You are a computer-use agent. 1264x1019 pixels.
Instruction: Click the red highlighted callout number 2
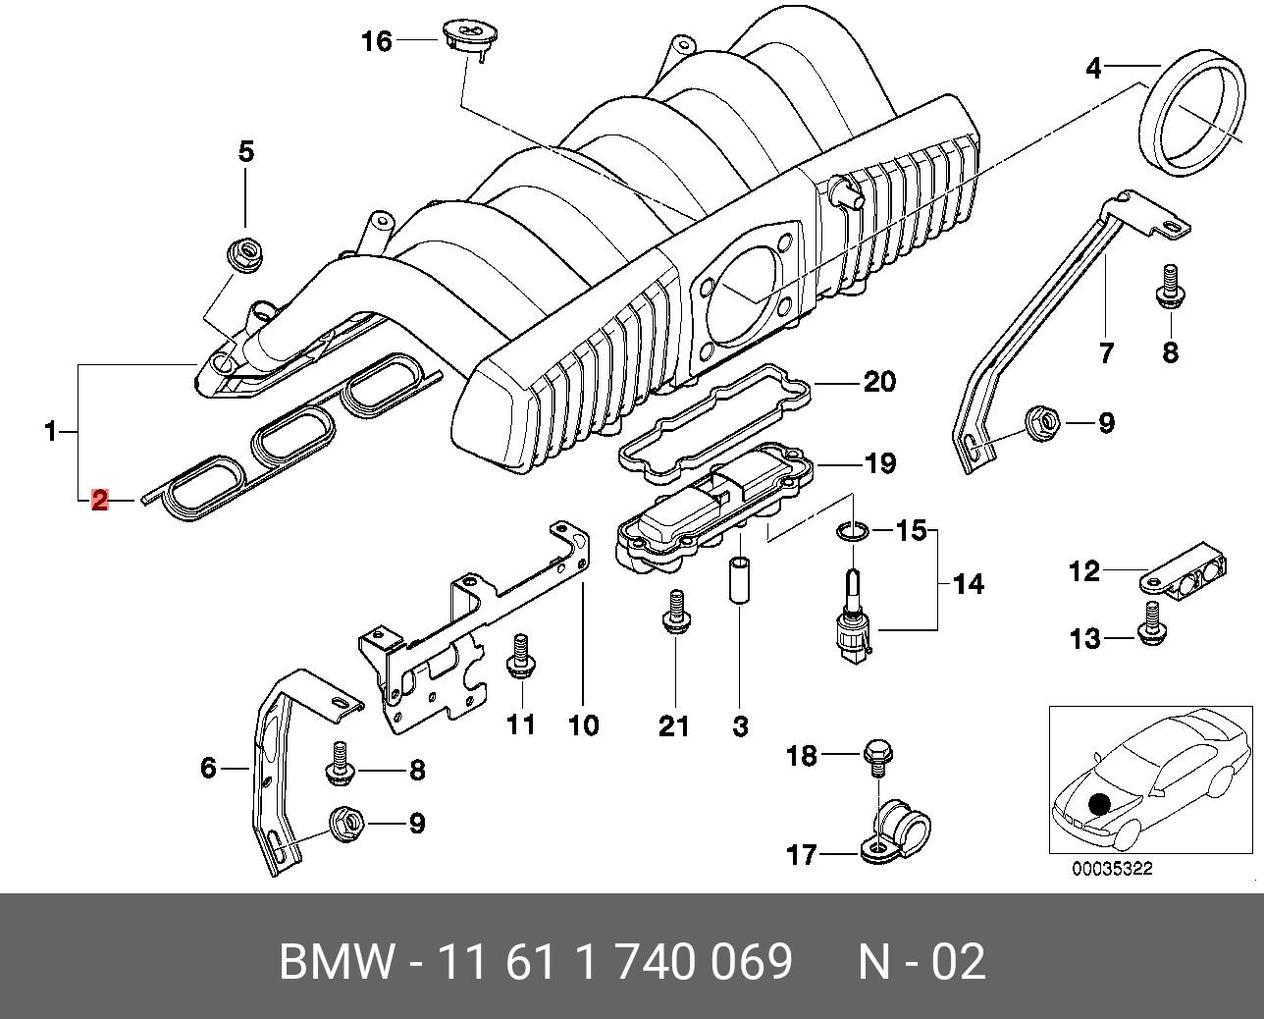[x=99, y=501]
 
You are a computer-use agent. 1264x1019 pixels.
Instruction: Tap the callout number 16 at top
[x=376, y=41]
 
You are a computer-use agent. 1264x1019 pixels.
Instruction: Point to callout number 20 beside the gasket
[x=879, y=381]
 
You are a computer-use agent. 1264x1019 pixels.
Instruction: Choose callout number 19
[x=880, y=462]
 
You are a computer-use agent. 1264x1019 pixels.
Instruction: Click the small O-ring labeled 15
[x=852, y=532]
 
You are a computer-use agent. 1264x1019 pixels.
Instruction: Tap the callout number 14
[x=968, y=584]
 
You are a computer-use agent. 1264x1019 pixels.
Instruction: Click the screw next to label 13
[x=1152, y=626]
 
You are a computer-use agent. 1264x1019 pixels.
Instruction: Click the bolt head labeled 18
[x=876, y=755]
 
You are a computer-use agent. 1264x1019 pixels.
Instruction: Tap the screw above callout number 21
[x=674, y=612]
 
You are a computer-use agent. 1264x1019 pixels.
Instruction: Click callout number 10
[x=583, y=725]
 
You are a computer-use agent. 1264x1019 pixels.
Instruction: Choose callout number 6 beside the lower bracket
[x=208, y=767]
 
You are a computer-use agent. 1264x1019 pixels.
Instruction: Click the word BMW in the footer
[x=337, y=962]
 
